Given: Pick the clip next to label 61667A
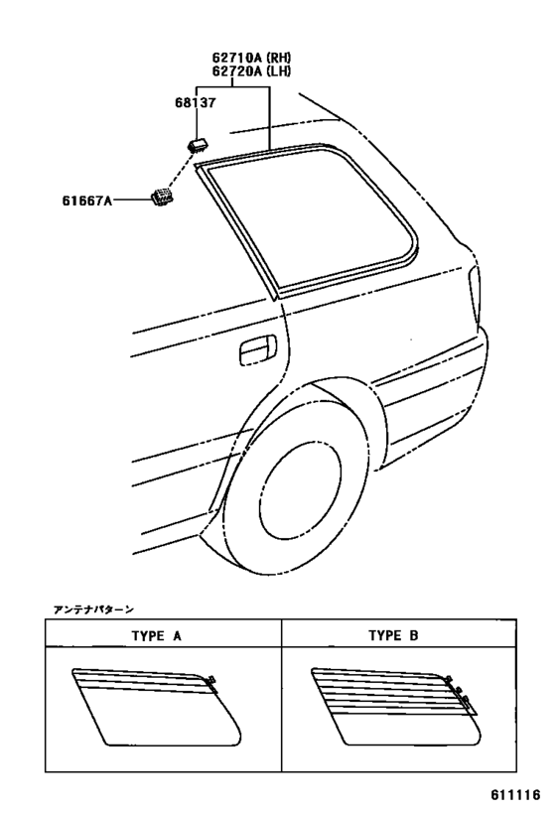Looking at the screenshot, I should (x=162, y=197).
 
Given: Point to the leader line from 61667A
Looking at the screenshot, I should (x=130, y=200).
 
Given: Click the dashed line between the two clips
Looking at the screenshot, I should (x=181, y=169).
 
